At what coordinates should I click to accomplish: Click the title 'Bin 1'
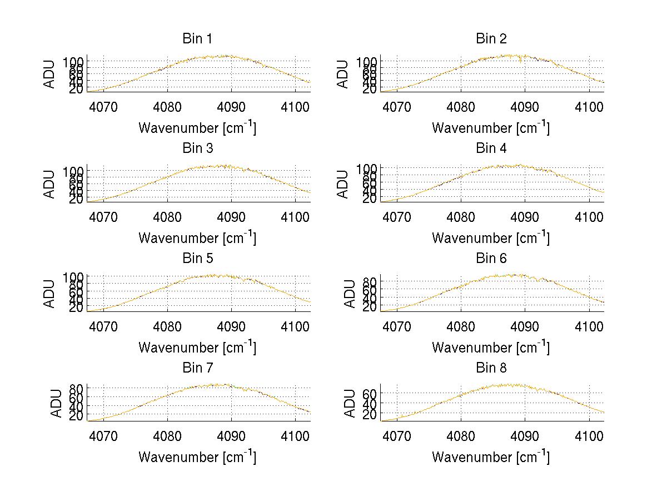[197, 39]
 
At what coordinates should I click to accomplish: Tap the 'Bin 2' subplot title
[491, 39]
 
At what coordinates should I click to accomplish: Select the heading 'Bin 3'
[197, 148]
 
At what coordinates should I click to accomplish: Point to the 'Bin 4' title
[491, 148]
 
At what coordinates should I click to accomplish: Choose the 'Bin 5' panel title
[197, 259]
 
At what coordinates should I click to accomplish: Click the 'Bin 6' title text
[491, 259]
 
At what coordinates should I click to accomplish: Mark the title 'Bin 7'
[197, 368]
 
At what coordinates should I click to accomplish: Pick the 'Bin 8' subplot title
[491, 368]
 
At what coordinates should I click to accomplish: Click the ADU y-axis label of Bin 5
[49, 294]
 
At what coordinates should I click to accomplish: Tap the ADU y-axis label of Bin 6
[350, 294]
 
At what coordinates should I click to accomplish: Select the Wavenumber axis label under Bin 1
[197, 128]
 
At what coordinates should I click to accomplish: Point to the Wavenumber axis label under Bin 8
[491, 457]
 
